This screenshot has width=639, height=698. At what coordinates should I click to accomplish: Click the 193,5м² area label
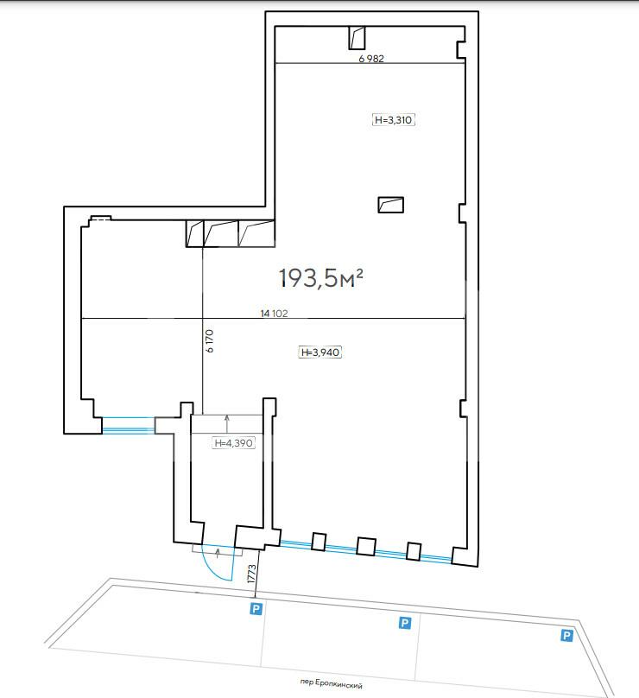click(321, 278)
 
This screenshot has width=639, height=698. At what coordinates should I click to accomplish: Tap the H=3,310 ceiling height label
click(394, 120)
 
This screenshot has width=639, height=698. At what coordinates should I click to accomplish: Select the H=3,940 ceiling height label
click(320, 352)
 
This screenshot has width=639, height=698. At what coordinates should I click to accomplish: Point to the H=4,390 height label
click(234, 443)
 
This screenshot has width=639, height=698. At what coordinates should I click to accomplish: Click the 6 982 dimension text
click(371, 59)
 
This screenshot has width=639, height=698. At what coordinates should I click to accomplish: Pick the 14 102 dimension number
click(274, 314)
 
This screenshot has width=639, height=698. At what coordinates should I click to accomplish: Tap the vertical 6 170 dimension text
click(210, 341)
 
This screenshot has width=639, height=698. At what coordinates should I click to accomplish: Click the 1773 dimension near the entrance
click(251, 574)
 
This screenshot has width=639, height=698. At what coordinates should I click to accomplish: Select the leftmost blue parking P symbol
click(256, 608)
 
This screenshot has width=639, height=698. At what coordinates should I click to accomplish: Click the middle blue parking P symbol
click(404, 623)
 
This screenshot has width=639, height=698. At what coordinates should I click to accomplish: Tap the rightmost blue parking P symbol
click(566, 635)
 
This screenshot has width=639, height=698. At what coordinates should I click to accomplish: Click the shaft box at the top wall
click(357, 38)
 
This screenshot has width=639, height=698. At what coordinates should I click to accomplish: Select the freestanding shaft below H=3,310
click(390, 205)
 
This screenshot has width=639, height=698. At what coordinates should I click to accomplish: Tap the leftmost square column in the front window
click(319, 542)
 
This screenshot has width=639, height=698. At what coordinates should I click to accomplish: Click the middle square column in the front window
click(366, 546)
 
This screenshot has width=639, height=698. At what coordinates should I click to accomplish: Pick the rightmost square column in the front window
click(414, 551)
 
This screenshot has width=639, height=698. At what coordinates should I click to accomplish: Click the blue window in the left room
click(128, 425)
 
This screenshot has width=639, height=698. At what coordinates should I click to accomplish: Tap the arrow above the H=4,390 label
click(227, 424)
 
